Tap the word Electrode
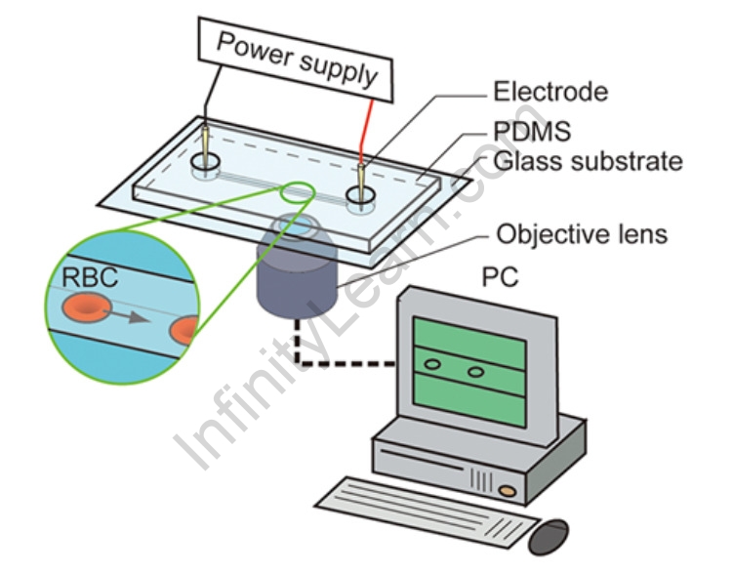(550, 93)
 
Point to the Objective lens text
(582, 234)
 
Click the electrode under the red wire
(361, 180)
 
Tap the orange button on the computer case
(507, 485)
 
